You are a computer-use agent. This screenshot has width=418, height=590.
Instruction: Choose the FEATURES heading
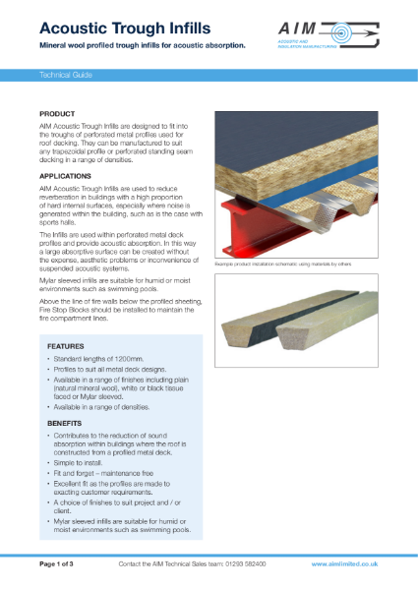coord(67,346)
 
